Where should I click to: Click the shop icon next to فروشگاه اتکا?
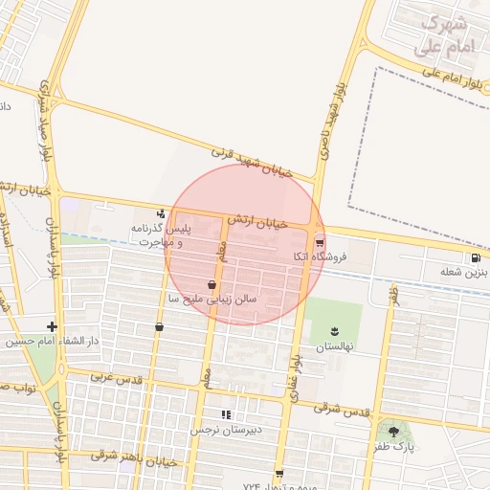319,241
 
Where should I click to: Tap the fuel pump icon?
476,257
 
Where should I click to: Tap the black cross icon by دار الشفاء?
52,326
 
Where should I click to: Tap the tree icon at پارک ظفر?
393,432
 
